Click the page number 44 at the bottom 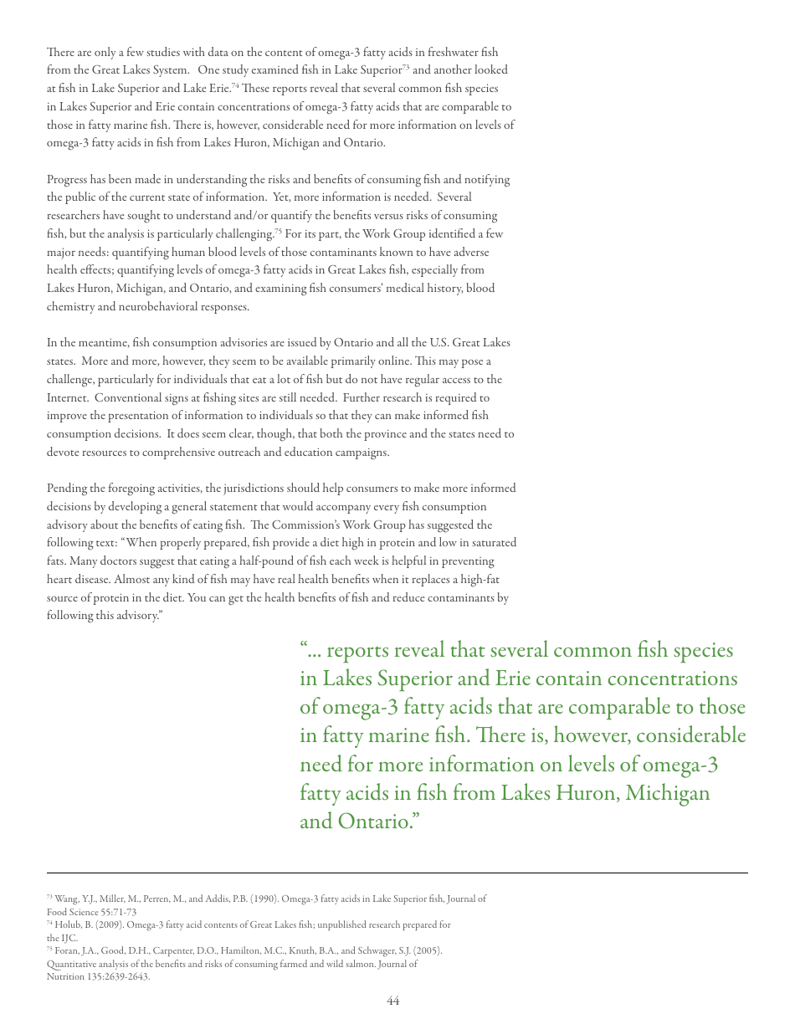[392, 1001]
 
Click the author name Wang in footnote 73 [65, 899]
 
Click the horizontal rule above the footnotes [397, 873]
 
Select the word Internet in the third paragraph [68, 398]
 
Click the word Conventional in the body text [129, 398]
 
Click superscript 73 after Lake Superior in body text [406, 67]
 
